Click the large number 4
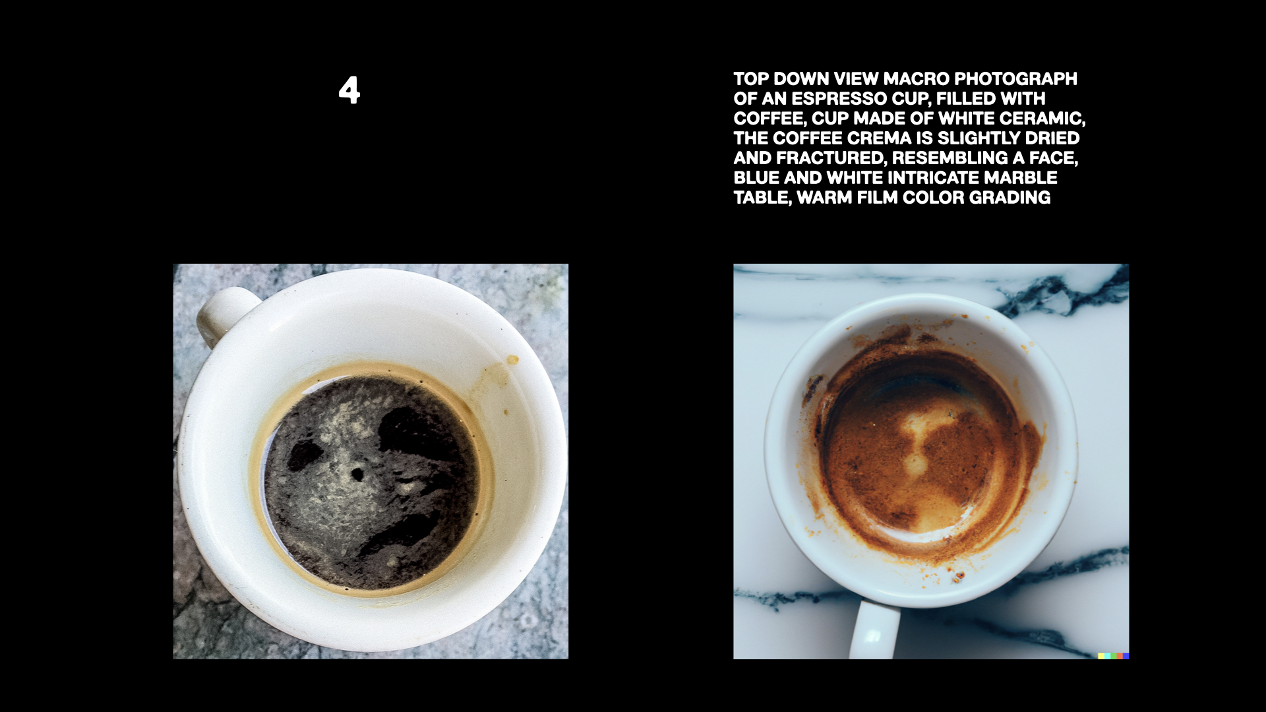point(349,90)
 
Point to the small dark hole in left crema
point(357,473)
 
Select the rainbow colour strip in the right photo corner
point(1114,656)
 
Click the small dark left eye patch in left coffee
point(303,455)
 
